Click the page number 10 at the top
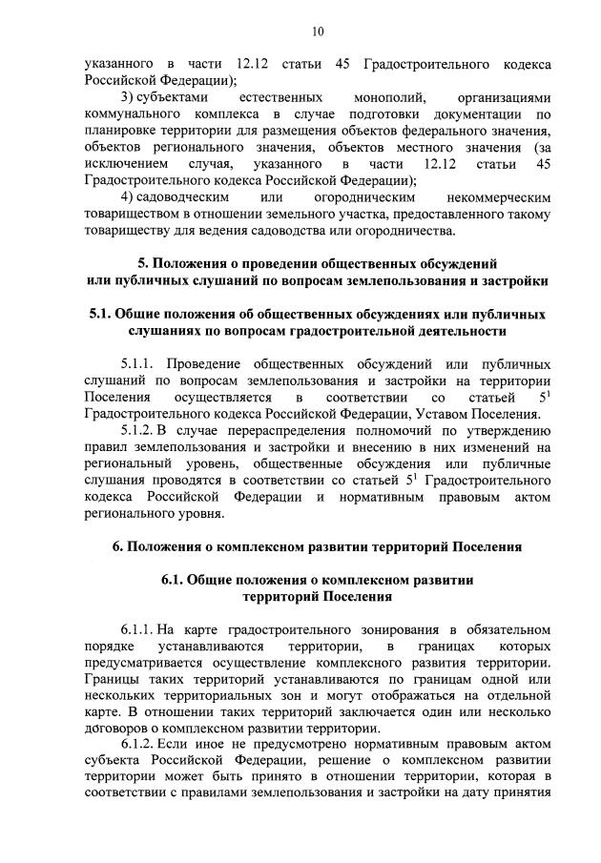(x=318, y=31)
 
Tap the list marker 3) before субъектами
(x=129, y=98)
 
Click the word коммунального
(x=131, y=114)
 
